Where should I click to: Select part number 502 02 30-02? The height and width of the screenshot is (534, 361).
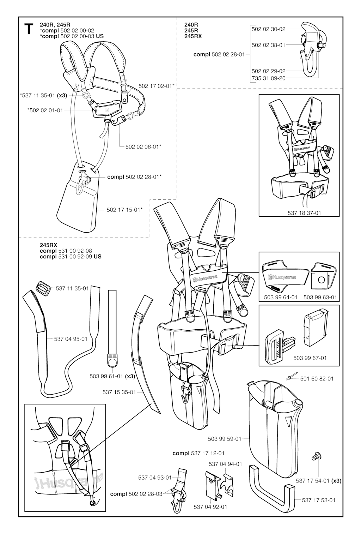(268, 29)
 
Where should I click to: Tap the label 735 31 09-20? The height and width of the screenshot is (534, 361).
(268, 78)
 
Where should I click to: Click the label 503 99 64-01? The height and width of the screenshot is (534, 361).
(281, 297)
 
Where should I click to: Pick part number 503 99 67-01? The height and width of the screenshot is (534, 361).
(310, 358)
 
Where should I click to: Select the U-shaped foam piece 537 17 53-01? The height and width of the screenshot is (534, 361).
(271, 487)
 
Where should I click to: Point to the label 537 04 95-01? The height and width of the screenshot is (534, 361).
(71, 339)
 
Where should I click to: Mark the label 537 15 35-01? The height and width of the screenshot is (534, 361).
(119, 392)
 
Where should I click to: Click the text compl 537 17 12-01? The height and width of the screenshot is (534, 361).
(198, 453)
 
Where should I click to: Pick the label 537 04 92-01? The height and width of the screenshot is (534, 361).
(210, 507)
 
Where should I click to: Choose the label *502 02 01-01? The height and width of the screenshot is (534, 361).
(45, 110)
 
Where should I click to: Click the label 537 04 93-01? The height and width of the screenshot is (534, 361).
(155, 478)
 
